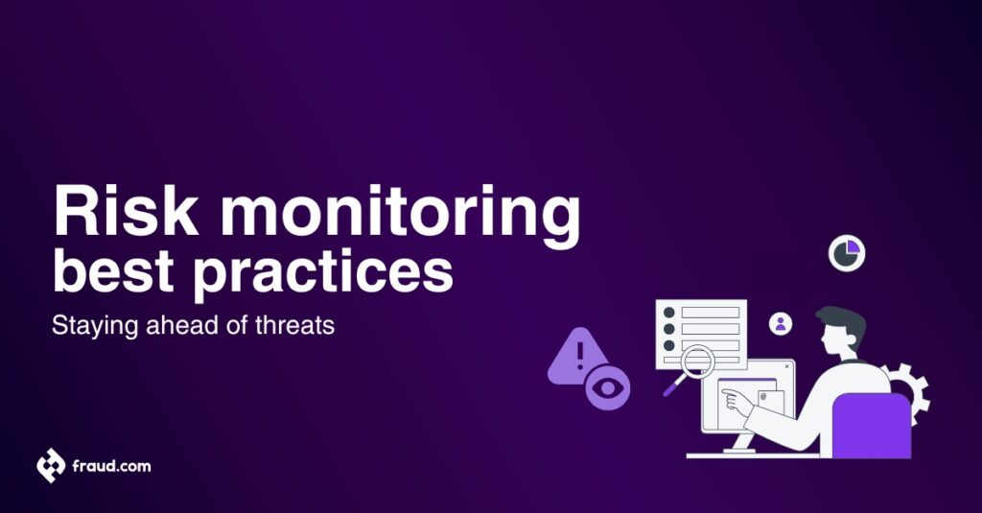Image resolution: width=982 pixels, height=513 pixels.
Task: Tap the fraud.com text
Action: coord(111,466)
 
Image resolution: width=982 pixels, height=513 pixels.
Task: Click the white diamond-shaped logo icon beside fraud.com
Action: coord(51,466)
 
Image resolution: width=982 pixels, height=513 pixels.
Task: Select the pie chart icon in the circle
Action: coord(847,253)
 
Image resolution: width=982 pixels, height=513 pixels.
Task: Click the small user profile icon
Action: coord(781,324)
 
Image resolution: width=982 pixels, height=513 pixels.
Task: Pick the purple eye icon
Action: coord(608,388)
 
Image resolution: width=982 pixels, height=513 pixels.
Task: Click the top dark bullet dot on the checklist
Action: coord(669,313)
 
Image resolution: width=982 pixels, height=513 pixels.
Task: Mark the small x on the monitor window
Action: coord(786,365)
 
